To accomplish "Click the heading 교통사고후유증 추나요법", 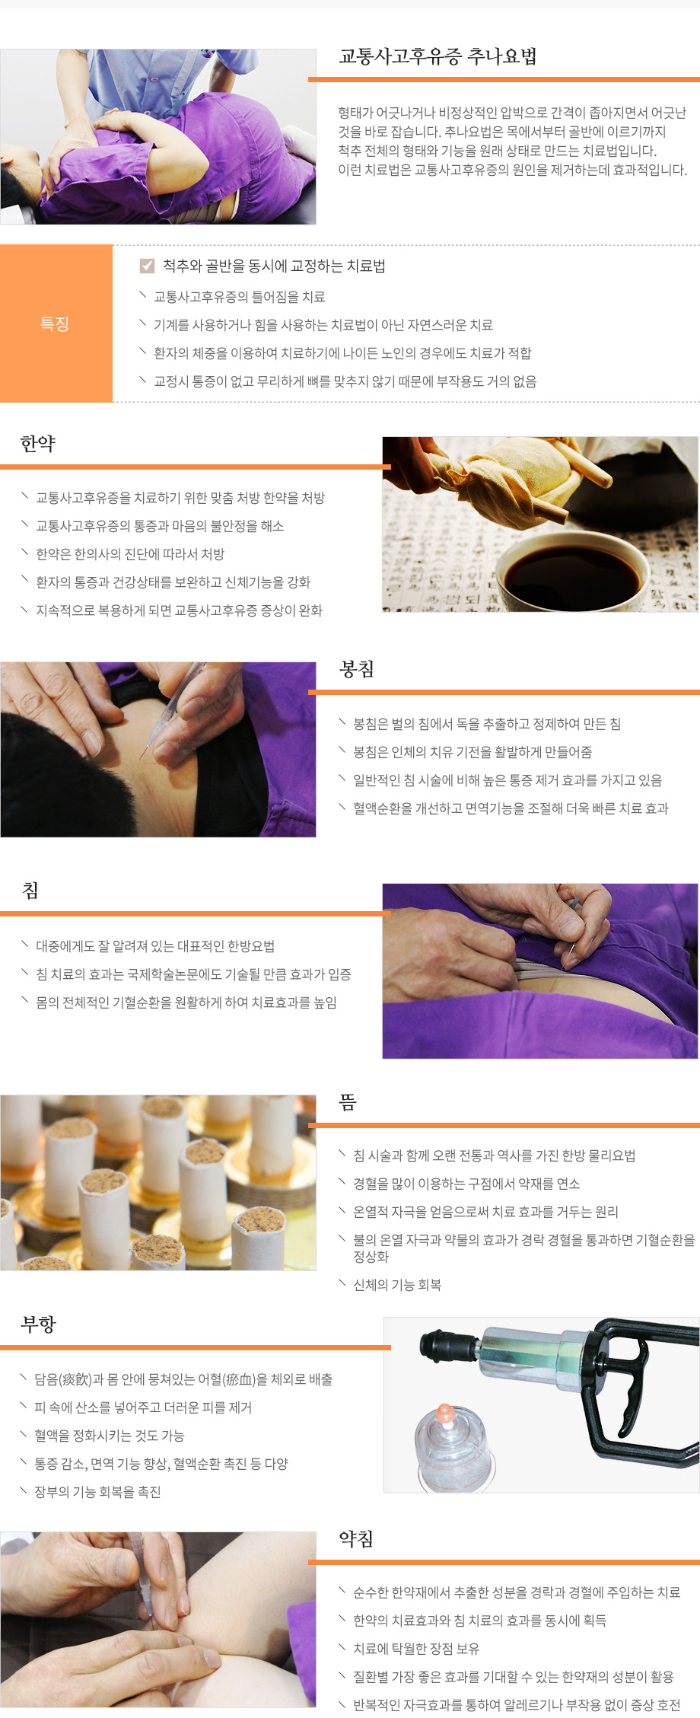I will click(437, 56).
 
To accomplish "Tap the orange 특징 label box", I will click(56, 324).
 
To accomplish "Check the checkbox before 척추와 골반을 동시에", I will click(148, 266).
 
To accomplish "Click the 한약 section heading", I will click(38, 444).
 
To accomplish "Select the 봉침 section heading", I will click(356, 669).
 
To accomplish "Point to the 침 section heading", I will click(30, 890).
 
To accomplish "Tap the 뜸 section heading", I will click(348, 1101).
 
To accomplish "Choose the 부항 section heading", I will click(38, 1324).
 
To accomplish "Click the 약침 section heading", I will click(356, 1539).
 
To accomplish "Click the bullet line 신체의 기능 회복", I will click(396, 1285).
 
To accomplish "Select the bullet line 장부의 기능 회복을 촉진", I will click(97, 1492).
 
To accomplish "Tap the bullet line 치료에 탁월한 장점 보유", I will click(415, 1649).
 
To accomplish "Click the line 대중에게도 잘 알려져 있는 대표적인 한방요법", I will click(155, 946).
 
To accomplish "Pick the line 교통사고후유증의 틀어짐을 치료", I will click(239, 297).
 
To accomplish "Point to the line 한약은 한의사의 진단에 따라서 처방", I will click(130, 554).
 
